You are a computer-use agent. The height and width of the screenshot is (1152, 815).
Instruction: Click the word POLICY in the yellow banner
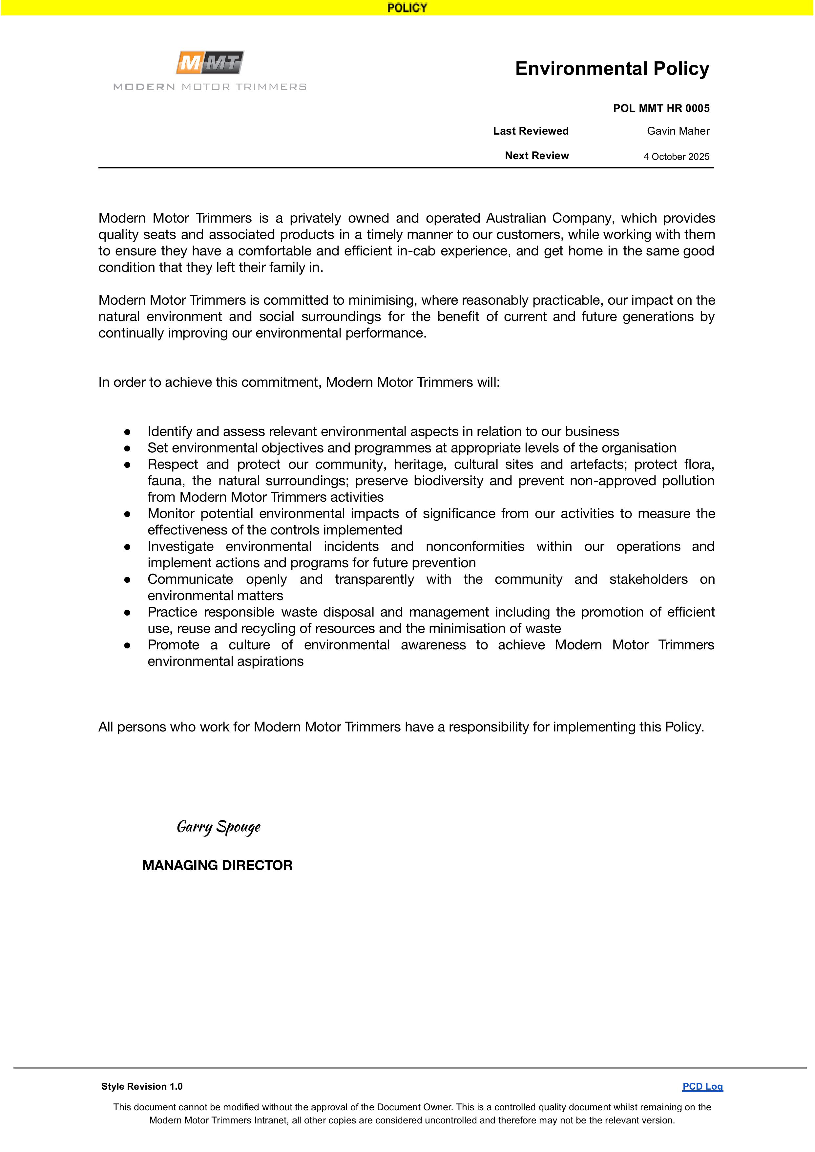tap(407, 8)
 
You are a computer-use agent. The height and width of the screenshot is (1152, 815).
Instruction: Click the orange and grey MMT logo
tap(210, 63)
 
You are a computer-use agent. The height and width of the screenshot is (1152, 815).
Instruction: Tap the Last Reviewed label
tap(531, 131)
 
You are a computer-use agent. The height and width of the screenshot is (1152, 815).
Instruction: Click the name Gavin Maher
tap(678, 131)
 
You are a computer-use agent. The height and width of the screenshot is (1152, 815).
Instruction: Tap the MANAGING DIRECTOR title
tap(217, 865)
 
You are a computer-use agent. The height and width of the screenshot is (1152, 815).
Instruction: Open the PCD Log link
tap(702, 1086)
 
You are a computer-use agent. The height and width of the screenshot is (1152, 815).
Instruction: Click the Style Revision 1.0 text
tap(142, 1086)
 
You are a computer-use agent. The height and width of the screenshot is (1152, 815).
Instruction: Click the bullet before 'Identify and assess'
tap(128, 432)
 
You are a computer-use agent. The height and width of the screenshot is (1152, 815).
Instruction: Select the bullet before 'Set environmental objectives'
tap(128, 448)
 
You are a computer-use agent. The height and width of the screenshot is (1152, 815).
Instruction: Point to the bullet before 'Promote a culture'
tap(128, 645)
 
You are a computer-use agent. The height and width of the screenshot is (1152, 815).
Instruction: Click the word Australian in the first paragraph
tap(516, 218)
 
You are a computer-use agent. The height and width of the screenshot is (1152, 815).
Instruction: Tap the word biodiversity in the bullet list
tap(448, 481)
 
